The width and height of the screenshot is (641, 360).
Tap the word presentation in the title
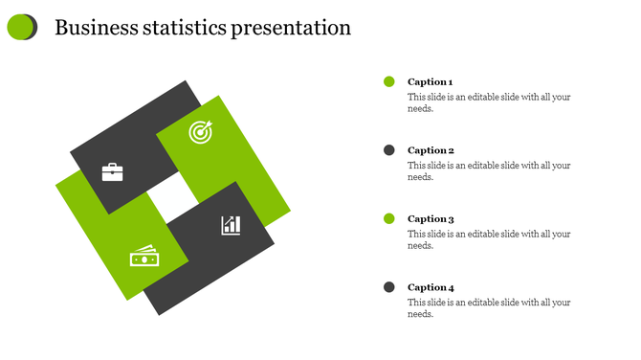click(x=291, y=29)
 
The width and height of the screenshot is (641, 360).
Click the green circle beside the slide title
click(x=20, y=27)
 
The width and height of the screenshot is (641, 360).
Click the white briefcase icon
click(x=113, y=172)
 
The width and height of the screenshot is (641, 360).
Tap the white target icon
click(x=199, y=132)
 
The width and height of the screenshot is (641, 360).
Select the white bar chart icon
click(x=231, y=225)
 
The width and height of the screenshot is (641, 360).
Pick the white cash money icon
click(x=144, y=258)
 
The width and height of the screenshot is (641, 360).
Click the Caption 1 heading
click(x=431, y=82)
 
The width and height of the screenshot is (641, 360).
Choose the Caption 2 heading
click(x=431, y=150)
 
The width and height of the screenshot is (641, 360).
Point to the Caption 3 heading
click(x=431, y=219)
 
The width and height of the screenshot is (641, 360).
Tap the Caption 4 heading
click(x=431, y=287)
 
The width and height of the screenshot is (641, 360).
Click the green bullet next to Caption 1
click(x=389, y=82)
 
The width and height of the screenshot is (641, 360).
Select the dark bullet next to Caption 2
click(x=389, y=150)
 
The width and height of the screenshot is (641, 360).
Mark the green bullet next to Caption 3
click(x=389, y=219)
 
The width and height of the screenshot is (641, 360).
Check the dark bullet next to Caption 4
click(x=389, y=287)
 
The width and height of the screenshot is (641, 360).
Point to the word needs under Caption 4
click(x=420, y=314)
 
